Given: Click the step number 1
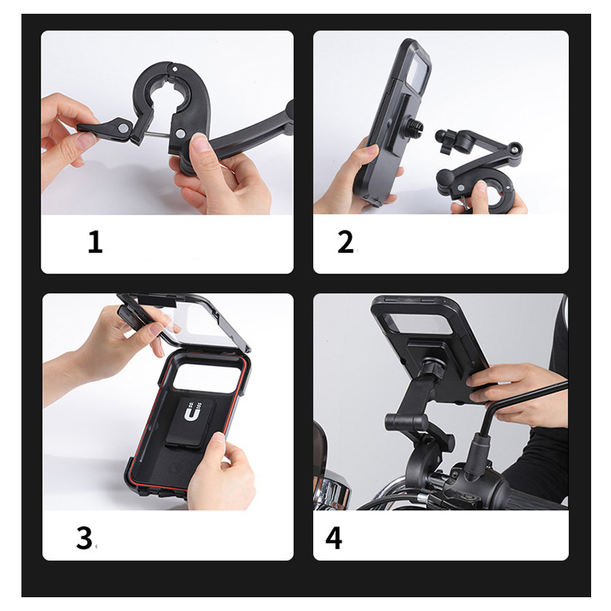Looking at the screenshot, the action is tap(95, 241).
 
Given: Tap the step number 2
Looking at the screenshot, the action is tap(345, 242).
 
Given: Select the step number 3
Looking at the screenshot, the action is tap(84, 538).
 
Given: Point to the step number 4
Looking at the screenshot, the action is tap(334, 538).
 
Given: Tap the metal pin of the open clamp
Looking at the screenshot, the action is tap(157, 135).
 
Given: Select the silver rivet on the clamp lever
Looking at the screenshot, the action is tap(124, 128).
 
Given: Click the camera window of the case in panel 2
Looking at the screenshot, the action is tap(418, 72).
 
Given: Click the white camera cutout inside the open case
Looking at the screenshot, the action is tap(205, 377).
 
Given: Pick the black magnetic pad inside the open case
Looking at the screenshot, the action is tap(190, 424).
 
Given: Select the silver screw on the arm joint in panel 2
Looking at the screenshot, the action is tap(518, 148).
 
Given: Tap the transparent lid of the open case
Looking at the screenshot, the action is tap(183, 320).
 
